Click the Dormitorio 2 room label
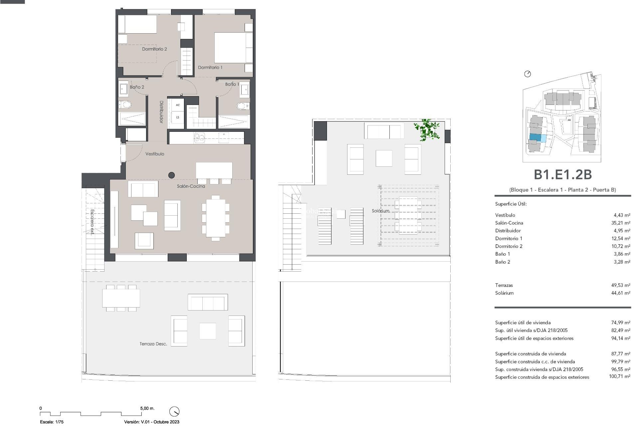point(154,49)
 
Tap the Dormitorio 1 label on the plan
point(210,67)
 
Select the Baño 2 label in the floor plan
point(137,87)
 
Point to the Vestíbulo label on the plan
point(155,154)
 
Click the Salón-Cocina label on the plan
point(191,186)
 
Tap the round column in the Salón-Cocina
point(172,175)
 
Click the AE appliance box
point(178,105)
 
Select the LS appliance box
point(178,117)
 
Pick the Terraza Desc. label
point(153,344)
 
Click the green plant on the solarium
point(427,130)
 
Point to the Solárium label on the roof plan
point(380,211)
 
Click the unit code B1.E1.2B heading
point(562,175)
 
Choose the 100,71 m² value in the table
point(619,377)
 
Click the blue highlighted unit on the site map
point(535,137)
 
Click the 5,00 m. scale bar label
point(147,408)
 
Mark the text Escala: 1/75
point(52,422)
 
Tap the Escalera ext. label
point(92,222)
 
